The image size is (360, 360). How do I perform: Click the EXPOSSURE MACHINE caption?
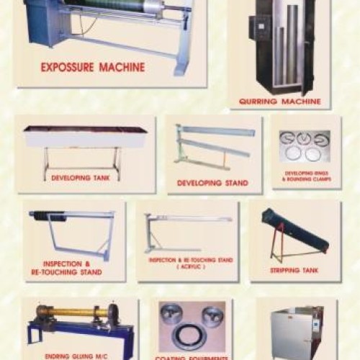(x=92, y=68)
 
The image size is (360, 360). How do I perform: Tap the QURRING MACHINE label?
(x=281, y=101)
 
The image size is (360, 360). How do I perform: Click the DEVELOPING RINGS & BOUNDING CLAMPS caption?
(x=306, y=176)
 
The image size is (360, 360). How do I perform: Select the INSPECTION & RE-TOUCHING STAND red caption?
(x=72, y=268)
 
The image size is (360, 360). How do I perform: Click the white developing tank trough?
(x=85, y=136)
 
